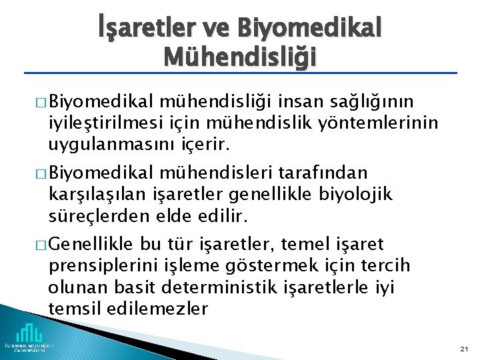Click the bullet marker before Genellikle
[x=39, y=245]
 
